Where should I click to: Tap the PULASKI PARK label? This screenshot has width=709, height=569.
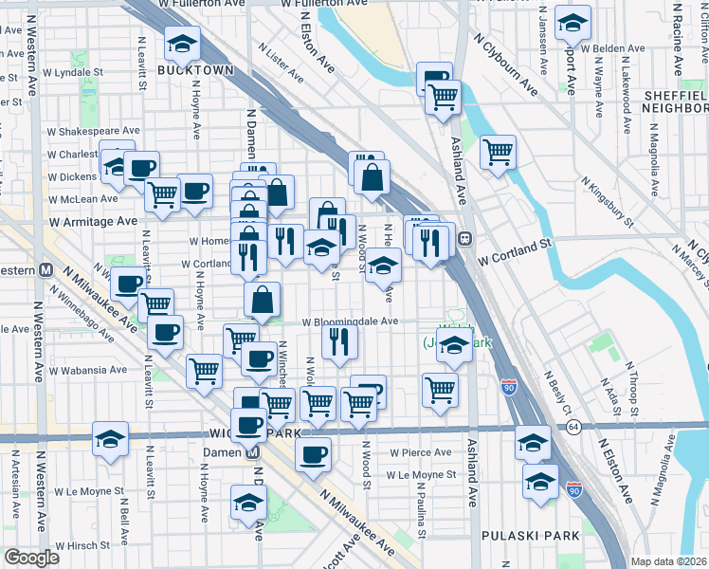click(530, 536)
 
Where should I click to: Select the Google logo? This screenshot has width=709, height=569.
click(31, 558)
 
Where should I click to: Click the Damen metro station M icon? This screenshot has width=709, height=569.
click(254, 452)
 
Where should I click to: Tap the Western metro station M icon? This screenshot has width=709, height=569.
click(45, 269)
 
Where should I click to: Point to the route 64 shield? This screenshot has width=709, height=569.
click(573, 427)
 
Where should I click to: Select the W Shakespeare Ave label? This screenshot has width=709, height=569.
click(96, 131)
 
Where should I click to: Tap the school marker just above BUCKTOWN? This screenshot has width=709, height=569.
click(182, 42)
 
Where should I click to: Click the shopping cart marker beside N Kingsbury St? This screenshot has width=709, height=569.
click(498, 151)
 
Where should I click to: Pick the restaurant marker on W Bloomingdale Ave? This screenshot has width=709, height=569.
click(339, 340)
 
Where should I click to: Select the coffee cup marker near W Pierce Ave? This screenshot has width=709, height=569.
click(313, 454)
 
